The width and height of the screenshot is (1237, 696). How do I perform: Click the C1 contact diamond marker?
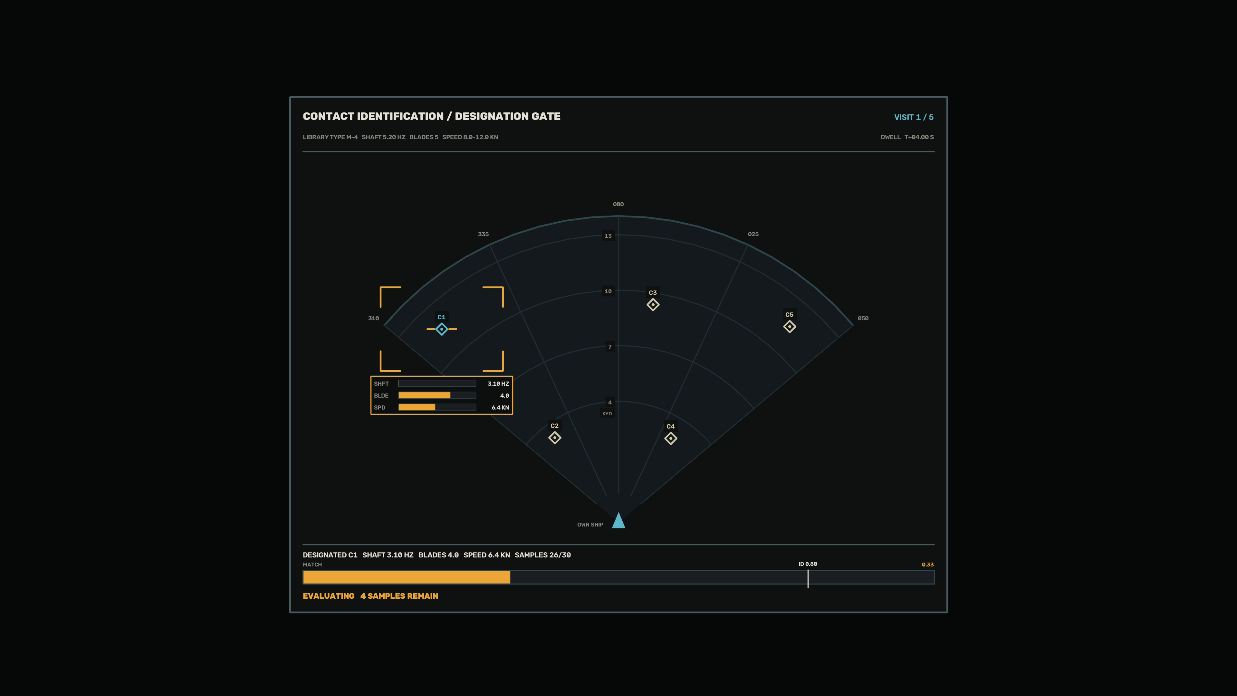click(x=441, y=329)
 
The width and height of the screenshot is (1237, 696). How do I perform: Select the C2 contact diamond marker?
click(x=555, y=438)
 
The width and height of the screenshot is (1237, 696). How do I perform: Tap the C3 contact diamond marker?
click(x=653, y=304)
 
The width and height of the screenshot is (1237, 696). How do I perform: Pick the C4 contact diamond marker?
click(x=670, y=438)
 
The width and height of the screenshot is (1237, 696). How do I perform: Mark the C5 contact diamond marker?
click(x=790, y=327)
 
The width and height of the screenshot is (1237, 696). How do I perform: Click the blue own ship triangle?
click(x=618, y=520)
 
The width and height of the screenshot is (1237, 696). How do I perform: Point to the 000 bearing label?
click(x=618, y=204)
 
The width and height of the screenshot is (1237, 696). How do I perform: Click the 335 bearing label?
click(x=483, y=234)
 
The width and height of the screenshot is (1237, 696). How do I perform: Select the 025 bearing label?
click(x=753, y=234)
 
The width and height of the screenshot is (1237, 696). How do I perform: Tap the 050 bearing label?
click(x=863, y=318)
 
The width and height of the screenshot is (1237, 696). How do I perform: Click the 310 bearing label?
click(x=373, y=318)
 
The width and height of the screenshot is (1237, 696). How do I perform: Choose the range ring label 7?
click(x=610, y=347)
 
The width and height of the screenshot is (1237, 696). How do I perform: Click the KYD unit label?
click(x=607, y=413)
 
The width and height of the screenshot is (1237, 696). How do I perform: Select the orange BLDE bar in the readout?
click(x=425, y=395)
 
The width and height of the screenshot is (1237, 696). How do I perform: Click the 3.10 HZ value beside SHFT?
click(x=498, y=383)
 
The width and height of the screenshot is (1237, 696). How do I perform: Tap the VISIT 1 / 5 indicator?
click(x=913, y=117)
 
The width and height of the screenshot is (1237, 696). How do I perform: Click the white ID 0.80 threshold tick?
click(x=808, y=579)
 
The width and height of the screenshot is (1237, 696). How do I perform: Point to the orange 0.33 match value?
click(x=927, y=565)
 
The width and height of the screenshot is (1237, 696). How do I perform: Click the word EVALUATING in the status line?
click(x=329, y=595)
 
